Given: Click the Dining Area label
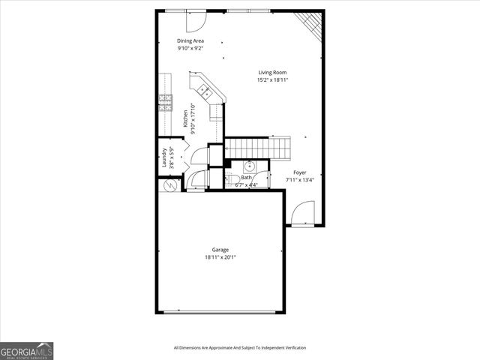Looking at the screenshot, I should (190, 40).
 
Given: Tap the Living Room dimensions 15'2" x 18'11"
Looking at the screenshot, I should (273, 79).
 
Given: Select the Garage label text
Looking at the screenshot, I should (220, 250).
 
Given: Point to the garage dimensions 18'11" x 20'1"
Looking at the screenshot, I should (220, 257).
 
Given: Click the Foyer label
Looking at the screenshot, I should (299, 172).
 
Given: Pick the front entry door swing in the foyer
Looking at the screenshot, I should (302, 214).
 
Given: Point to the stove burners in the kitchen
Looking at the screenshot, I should (165, 102).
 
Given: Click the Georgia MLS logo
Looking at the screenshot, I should (27, 350).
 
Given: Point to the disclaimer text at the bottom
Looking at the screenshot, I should (239, 347).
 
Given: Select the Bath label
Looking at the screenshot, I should (247, 178).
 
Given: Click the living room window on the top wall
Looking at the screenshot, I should (250, 11).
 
